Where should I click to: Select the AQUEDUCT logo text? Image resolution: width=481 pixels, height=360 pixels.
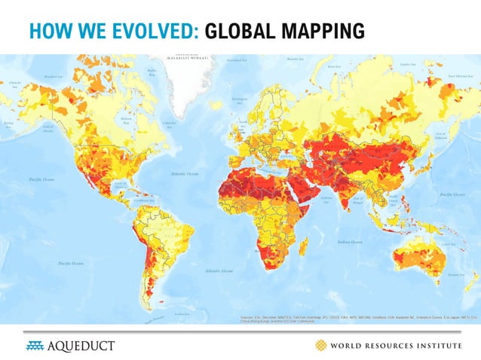(x=82, y=346)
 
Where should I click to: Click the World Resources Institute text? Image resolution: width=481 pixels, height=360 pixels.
(x=400, y=346)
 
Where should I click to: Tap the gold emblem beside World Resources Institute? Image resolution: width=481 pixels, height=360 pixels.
(x=321, y=346)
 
